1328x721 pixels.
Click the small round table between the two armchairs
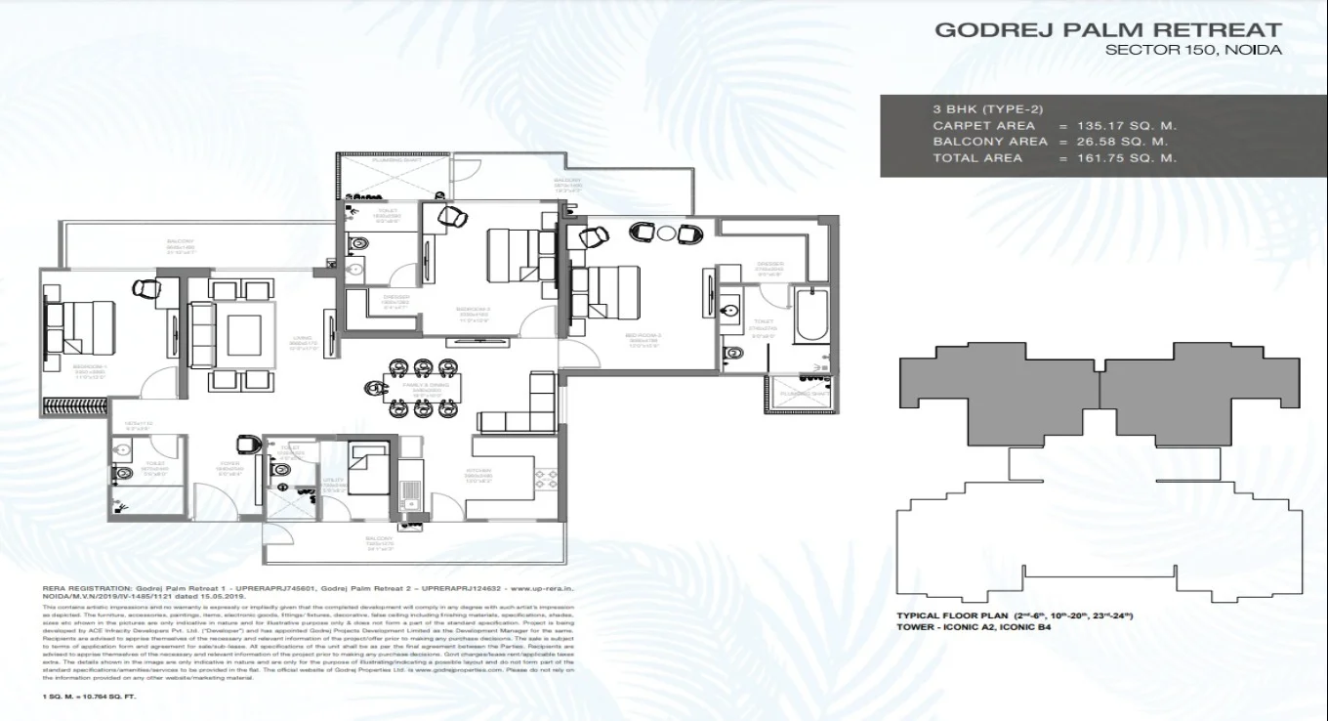point(666,233)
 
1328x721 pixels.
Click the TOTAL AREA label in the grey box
point(976,157)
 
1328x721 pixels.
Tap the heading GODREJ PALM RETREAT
point(1107,29)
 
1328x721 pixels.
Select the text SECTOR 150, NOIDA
point(1192,50)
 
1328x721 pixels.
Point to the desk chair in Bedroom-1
point(145,287)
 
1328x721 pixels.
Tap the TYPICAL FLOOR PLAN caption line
point(1015,615)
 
